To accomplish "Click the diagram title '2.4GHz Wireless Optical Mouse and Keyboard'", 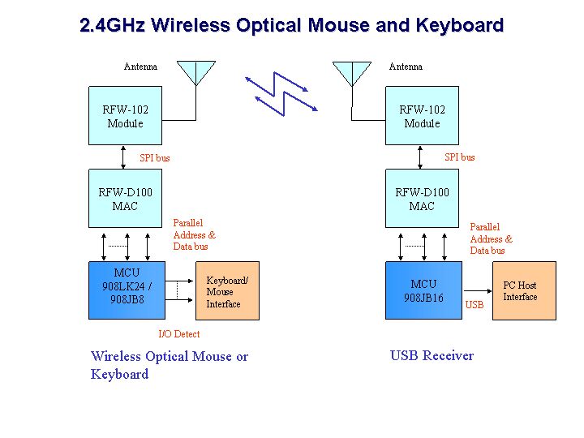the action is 292,25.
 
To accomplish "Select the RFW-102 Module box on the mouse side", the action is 125,116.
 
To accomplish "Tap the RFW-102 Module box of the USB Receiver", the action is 422,116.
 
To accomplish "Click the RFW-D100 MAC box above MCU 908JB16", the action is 422,199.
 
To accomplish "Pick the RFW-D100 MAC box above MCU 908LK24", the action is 125,199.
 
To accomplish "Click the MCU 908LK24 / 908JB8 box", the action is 127,290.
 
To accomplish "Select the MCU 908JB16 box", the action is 423,290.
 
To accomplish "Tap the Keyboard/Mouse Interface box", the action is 227,291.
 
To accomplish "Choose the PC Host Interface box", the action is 524,291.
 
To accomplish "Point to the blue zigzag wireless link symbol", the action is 281,94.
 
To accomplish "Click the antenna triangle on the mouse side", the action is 196,73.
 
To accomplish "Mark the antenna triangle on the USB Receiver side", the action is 352,74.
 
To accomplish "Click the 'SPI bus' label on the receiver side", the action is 460,157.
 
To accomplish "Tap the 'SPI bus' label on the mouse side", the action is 155,158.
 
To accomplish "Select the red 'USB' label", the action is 474,305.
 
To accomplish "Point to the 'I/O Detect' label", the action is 179,334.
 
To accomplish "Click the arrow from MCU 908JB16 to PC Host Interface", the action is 478,291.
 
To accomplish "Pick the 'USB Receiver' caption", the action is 432,356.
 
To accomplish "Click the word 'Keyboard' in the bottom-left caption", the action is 119,374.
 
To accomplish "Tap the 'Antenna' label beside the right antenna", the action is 406,67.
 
